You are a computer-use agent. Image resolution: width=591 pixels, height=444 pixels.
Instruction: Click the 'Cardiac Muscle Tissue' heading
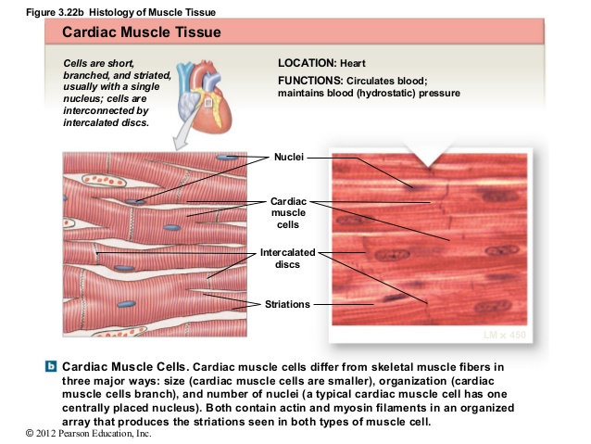[x=141, y=32]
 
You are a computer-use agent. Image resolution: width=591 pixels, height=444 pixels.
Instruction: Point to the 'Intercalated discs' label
[x=287, y=258]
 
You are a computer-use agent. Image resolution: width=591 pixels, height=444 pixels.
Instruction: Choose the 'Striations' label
[x=286, y=303]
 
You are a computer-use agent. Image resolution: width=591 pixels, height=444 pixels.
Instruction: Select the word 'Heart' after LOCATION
[x=353, y=63]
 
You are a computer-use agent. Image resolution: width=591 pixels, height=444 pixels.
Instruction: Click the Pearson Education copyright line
[x=76, y=434]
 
